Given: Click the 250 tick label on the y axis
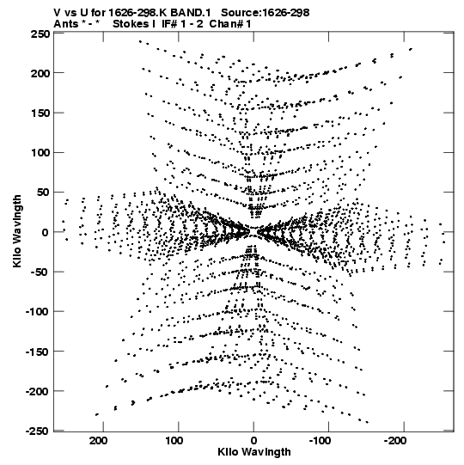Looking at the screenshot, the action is [40, 34].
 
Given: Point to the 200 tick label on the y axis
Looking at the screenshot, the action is [40, 73].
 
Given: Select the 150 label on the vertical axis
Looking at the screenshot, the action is [40, 113].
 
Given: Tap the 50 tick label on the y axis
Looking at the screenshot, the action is [43, 193].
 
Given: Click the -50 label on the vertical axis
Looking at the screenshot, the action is [40, 272].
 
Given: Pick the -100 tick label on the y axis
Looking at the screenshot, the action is [37, 312].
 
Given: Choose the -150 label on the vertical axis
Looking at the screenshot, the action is [37, 352].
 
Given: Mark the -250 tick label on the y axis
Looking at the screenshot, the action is [37, 431].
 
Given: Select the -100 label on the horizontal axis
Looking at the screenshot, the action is [321, 441].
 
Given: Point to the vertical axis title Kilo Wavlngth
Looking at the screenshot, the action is [17, 231].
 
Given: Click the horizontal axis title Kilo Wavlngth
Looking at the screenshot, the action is [254, 452].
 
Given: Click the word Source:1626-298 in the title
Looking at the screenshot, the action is [266, 13].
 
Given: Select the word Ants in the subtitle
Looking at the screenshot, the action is [66, 24].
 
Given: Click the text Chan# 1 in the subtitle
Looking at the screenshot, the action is [230, 24].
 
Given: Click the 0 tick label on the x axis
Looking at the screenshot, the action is [253, 441].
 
